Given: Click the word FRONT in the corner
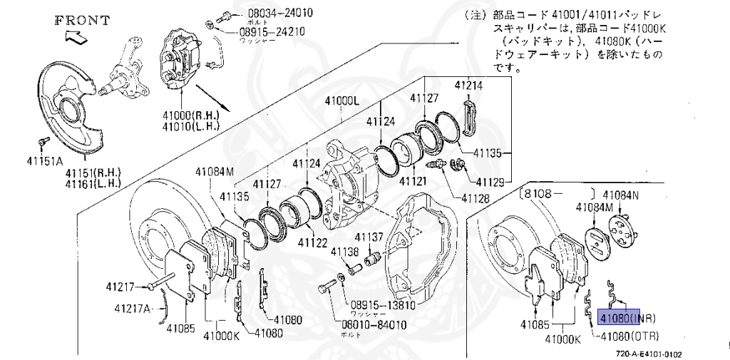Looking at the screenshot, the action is [x=82, y=20].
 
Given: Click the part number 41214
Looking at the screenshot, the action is [x=470, y=86].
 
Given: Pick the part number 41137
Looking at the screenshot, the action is [x=370, y=237].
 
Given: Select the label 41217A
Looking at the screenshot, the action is [x=133, y=309].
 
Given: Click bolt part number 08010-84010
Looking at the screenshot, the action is [x=374, y=325].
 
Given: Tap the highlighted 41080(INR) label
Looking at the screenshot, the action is [x=627, y=318].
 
